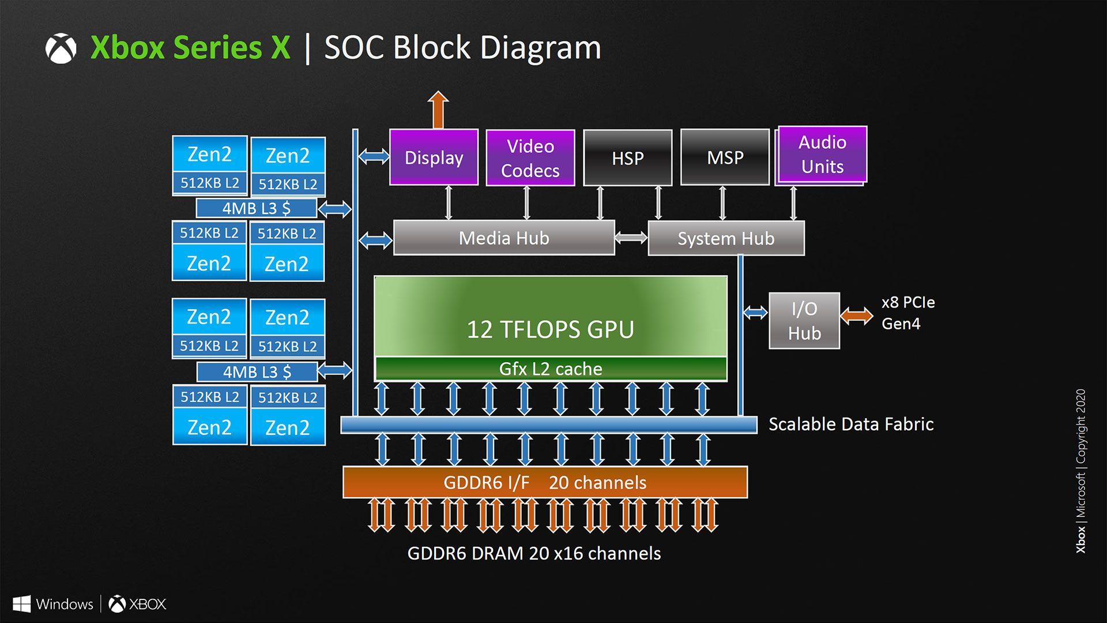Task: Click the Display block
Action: [x=434, y=157]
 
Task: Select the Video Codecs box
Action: [x=530, y=158]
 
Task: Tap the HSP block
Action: [x=627, y=158]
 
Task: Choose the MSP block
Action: [x=725, y=157]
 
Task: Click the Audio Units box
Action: [x=822, y=154]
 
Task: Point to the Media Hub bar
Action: [x=503, y=238]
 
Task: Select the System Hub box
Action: [x=725, y=238]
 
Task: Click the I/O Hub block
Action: [x=804, y=321]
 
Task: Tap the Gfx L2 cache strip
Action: [x=550, y=369]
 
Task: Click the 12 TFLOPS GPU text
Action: [x=550, y=329]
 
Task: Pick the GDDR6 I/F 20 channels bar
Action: [x=545, y=482]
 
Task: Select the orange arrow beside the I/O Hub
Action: [x=856, y=316]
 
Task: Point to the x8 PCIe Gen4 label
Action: [x=908, y=313]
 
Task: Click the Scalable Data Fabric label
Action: [x=850, y=425]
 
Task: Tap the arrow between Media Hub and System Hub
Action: [x=631, y=238]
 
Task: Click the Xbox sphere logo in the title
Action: [x=61, y=48]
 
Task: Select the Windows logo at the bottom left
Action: [x=21, y=604]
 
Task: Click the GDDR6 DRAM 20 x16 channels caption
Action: [x=533, y=554]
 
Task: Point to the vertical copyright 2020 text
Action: [x=1080, y=470]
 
